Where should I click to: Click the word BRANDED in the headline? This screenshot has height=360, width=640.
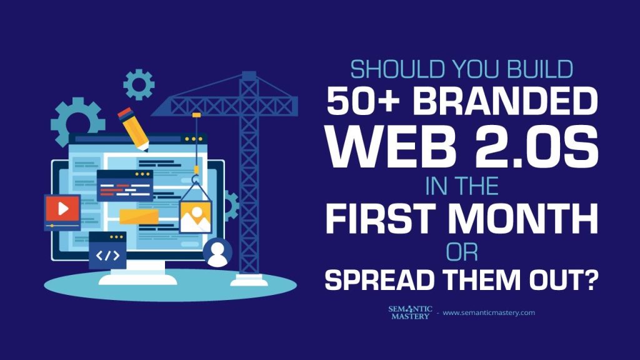click(x=505, y=101)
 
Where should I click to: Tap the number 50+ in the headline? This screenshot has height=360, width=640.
click(x=363, y=101)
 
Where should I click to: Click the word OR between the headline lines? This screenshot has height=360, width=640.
click(x=462, y=252)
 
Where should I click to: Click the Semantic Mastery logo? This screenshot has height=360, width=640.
click(x=410, y=312)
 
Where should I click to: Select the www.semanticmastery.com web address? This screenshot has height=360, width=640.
click(x=489, y=312)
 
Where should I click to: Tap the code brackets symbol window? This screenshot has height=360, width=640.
click(x=107, y=251)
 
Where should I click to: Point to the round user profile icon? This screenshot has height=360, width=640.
click(x=217, y=252)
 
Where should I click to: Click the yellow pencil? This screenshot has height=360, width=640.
click(x=133, y=129)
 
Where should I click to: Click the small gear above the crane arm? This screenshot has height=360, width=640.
click(x=139, y=84)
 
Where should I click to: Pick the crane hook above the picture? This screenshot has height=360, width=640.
click(x=196, y=178)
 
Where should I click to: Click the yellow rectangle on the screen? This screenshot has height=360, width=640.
click(x=139, y=217)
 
